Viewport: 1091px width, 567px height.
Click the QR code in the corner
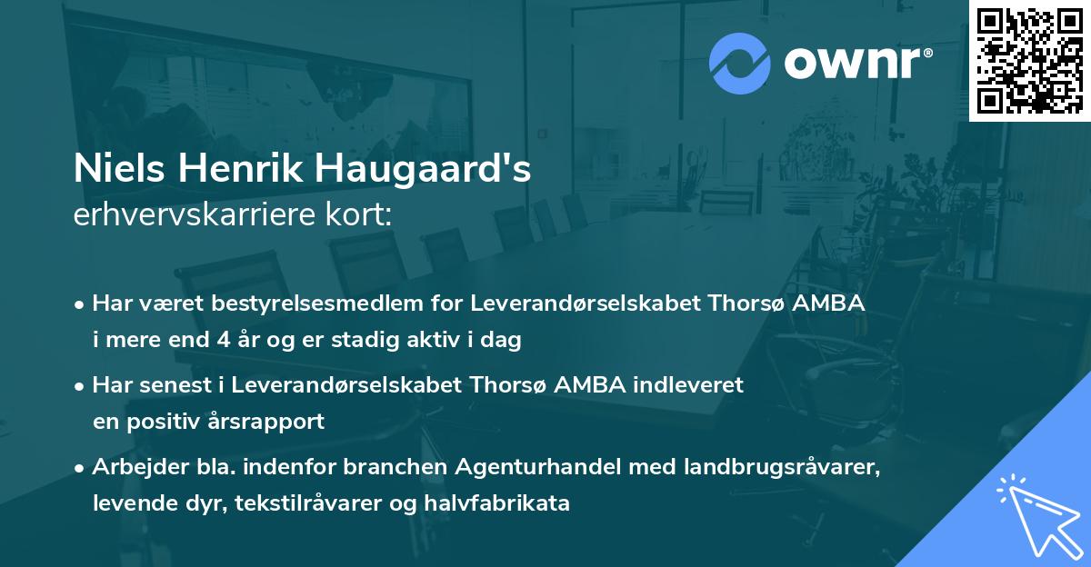tap(1028, 61)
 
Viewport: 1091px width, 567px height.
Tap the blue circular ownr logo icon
tap(740, 63)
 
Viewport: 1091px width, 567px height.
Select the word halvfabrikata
tap(501, 502)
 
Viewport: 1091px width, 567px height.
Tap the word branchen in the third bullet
tap(382, 467)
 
